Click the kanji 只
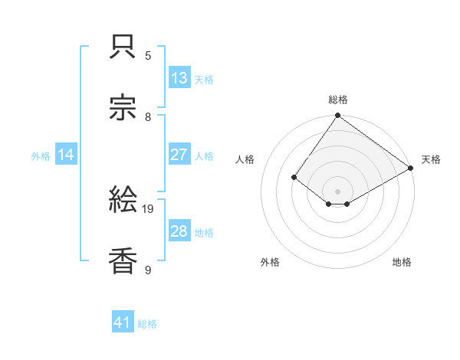(123, 47)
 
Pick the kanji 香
(123, 260)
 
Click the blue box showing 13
(179, 78)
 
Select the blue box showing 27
(179, 155)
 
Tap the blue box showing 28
(179, 231)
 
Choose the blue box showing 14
(66, 155)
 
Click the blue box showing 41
(123, 323)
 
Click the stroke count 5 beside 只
(149, 55)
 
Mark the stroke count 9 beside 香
(149, 270)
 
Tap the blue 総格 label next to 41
(147, 324)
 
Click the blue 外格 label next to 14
(41, 156)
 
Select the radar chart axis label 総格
(338, 100)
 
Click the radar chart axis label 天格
(431, 159)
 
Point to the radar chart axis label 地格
(402, 262)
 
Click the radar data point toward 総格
(338, 116)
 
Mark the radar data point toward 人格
(294, 177)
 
